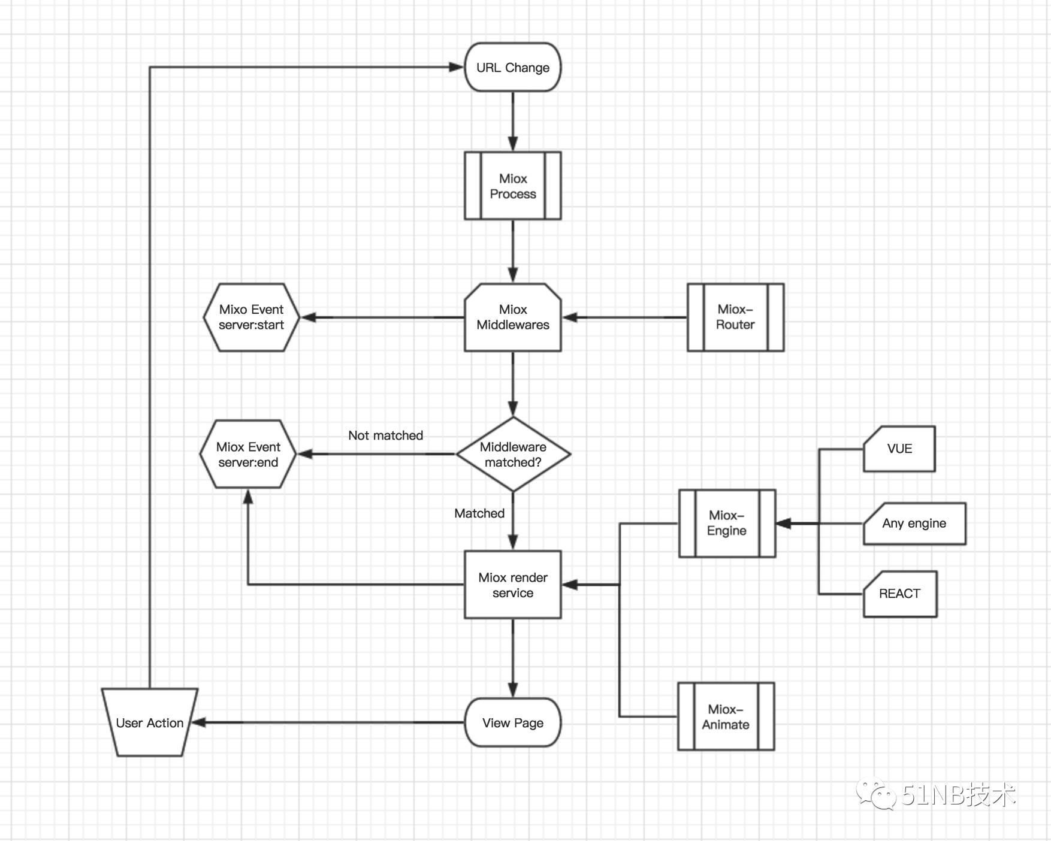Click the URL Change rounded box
click(x=512, y=67)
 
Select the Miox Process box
click(x=512, y=186)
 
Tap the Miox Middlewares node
click(x=512, y=317)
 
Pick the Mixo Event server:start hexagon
click(x=251, y=317)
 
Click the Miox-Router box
click(x=735, y=317)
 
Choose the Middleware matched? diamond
click(x=513, y=455)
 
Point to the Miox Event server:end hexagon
click(x=248, y=455)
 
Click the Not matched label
click(x=385, y=435)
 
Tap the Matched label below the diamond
click(x=479, y=513)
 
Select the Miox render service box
click(x=512, y=585)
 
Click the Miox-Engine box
click(x=727, y=523)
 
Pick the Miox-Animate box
click(x=726, y=716)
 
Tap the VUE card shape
click(x=899, y=449)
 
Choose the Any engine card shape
click(x=914, y=524)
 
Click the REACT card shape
click(x=899, y=594)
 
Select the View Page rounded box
click(x=512, y=722)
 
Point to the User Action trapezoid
click(x=149, y=722)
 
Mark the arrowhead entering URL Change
click(x=457, y=67)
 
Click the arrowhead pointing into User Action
click(x=199, y=722)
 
